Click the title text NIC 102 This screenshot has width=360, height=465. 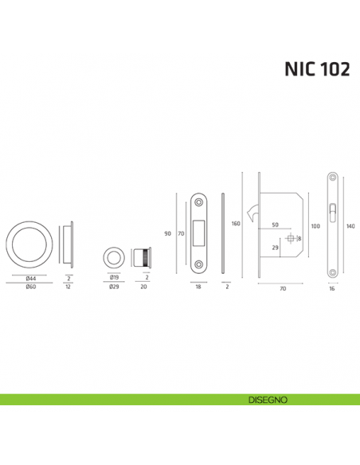(318, 68)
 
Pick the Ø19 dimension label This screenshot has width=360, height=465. (114, 278)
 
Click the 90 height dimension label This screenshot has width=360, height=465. (168, 233)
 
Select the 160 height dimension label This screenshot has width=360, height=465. (236, 225)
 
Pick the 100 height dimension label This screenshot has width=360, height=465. (315, 226)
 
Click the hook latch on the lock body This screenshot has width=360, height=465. (253, 213)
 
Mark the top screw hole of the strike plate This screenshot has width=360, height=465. (199, 204)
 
